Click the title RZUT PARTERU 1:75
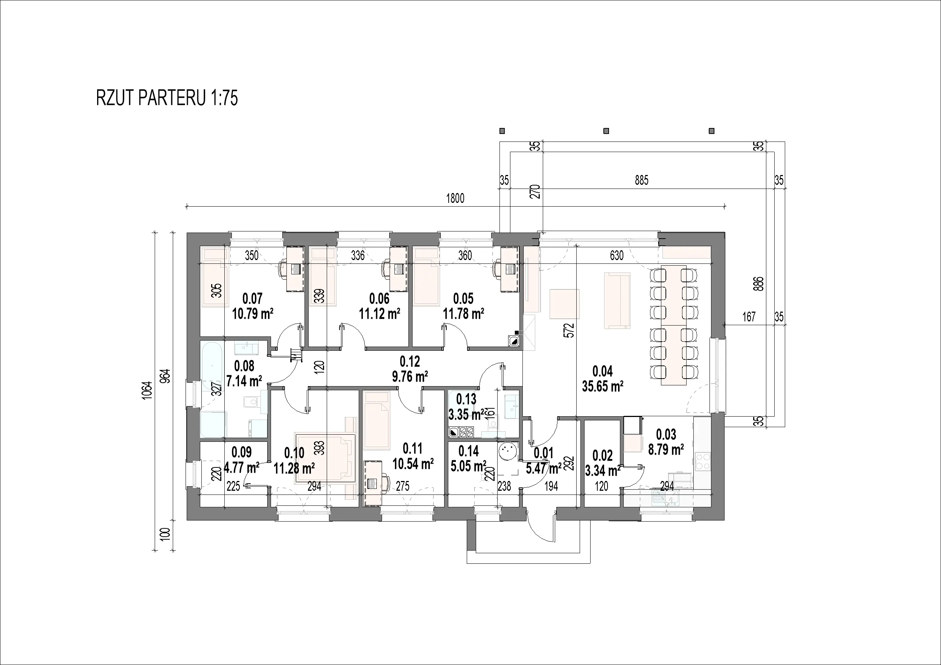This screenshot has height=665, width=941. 167,98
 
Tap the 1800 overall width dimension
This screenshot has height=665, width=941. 455,198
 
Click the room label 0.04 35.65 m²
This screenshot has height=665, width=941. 603,379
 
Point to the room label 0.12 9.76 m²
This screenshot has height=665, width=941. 410,369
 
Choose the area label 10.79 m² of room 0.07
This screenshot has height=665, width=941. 253,314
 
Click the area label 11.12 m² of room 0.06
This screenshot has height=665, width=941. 379,314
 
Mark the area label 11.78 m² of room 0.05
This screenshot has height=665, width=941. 463,314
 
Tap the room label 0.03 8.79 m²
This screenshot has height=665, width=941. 666,442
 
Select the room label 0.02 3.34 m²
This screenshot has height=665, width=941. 603,463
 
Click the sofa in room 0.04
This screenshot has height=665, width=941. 617,300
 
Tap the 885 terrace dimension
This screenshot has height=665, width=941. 641,180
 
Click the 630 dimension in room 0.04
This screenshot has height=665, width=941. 617,256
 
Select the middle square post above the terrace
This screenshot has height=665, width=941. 606,131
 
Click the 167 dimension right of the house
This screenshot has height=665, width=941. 749,317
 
